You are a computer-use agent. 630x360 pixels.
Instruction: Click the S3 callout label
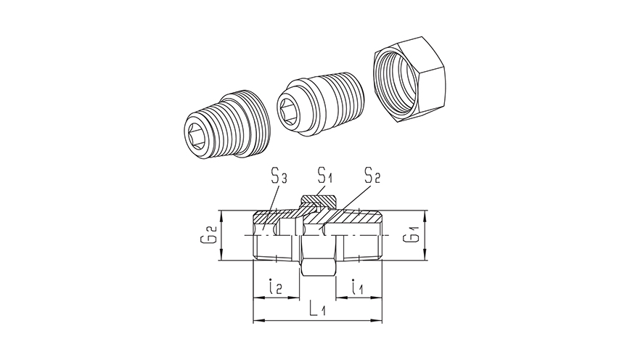(x=279, y=177)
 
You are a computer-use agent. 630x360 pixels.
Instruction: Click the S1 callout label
(x=325, y=176)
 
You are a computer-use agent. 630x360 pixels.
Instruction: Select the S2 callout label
(x=372, y=176)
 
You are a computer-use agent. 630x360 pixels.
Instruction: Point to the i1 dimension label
(x=357, y=287)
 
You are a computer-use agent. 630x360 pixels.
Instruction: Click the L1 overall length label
(x=318, y=309)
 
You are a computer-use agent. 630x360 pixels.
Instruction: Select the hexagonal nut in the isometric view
(x=411, y=80)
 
